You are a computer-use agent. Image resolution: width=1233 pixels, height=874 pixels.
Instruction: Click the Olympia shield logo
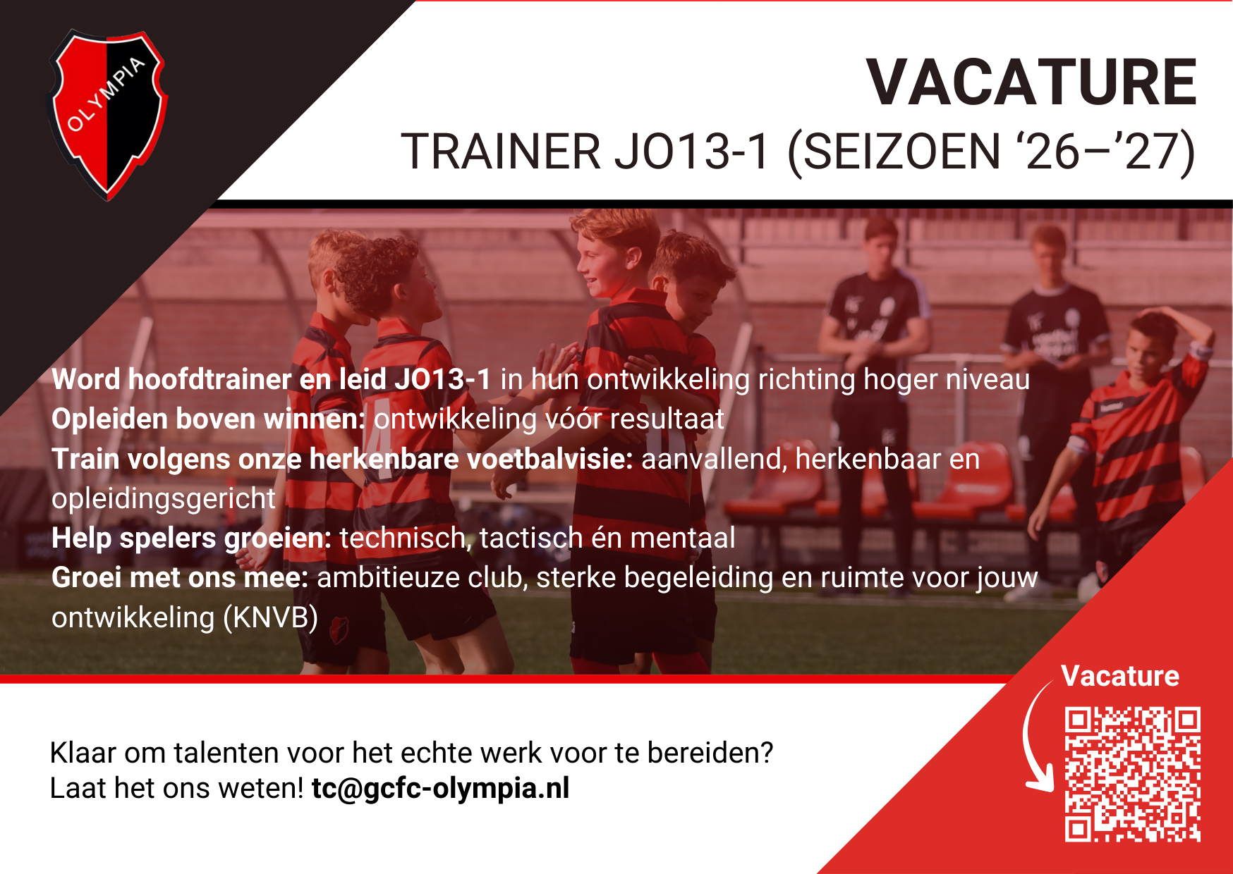click(x=107, y=113)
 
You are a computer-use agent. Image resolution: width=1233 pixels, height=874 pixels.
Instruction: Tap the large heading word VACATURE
click(x=1031, y=83)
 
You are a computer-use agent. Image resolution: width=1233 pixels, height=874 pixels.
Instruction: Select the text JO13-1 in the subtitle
click(x=691, y=152)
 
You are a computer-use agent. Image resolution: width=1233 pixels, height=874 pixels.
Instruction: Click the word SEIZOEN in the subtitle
click(x=901, y=152)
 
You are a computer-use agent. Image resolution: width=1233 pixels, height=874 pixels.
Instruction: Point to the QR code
click(x=1132, y=774)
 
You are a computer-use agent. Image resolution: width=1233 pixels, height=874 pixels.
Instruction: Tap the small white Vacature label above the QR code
click(x=1119, y=676)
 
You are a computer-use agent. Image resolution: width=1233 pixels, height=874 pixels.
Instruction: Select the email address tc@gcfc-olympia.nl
click(x=440, y=788)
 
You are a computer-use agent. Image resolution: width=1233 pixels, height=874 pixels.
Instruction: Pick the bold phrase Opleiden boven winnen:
click(x=208, y=419)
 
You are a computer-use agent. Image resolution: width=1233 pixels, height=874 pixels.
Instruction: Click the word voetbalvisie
click(x=550, y=460)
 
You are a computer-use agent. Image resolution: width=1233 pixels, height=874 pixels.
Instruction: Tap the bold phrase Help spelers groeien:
click(x=191, y=538)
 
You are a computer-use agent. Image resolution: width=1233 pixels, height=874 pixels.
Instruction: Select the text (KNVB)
click(x=270, y=618)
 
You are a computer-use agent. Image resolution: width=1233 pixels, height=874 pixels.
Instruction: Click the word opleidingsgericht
click(x=163, y=499)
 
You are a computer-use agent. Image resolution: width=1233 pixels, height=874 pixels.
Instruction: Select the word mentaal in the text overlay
click(x=682, y=538)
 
